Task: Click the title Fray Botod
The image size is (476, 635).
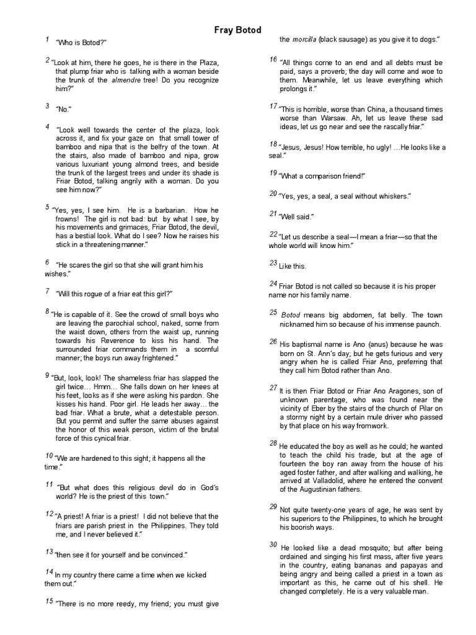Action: tap(238, 30)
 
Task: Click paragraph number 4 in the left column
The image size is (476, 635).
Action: tap(48, 127)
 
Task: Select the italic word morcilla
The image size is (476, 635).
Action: tap(307, 40)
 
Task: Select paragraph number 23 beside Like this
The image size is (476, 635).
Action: tap(273, 263)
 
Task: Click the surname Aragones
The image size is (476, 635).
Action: tap(387, 389)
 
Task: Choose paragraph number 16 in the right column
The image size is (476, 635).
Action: tap(273, 60)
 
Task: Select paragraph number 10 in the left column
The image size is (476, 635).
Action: tap(50, 456)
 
